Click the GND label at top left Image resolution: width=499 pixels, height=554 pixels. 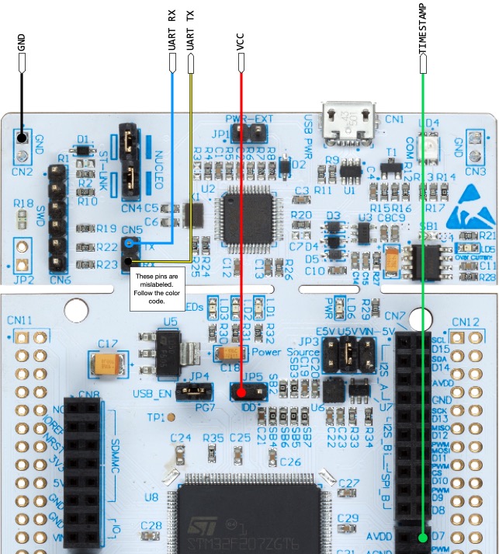[x=21, y=47]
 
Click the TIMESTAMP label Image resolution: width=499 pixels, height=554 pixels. [x=423, y=32]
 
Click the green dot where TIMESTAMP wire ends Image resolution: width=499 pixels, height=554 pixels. [x=423, y=537]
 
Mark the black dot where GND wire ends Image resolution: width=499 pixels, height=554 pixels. [x=22, y=141]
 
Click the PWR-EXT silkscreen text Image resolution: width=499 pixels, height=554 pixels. [x=250, y=119]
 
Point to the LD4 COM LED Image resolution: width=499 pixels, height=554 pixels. [x=426, y=144]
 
